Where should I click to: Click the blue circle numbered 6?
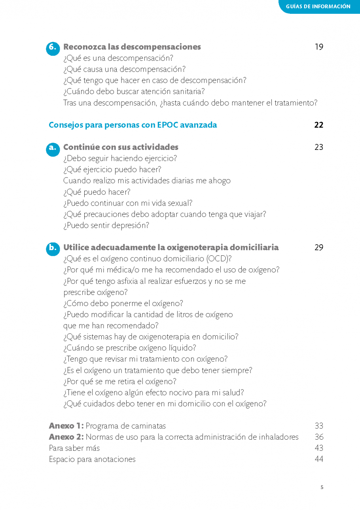pyautogui.click(x=53, y=48)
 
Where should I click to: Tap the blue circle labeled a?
pyautogui.click(x=53, y=148)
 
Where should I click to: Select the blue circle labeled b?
pyautogui.click(x=53, y=248)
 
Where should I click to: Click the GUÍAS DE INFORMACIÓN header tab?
pyautogui.click(x=318, y=6)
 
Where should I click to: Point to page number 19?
pyautogui.click(x=319, y=47)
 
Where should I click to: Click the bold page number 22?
pyautogui.click(x=319, y=125)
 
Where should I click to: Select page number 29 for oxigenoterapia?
pyautogui.click(x=319, y=247)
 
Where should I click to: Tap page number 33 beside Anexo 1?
pyautogui.click(x=319, y=426)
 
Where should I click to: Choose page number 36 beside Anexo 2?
pyautogui.click(x=319, y=437)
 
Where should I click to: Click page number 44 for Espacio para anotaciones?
pyautogui.click(x=319, y=459)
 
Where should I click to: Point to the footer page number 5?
pyautogui.click(x=322, y=487)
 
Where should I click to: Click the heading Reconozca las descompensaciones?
pyautogui.click(x=132, y=47)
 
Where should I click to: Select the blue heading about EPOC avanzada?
pyautogui.click(x=133, y=125)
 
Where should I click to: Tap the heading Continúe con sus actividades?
pyautogui.click(x=121, y=147)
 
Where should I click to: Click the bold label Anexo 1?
pyautogui.click(x=66, y=426)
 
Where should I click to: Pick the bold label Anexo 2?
pyautogui.click(x=66, y=437)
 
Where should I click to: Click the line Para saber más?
pyautogui.click(x=74, y=448)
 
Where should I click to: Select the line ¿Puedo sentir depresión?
pyautogui.click(x=106, y=225)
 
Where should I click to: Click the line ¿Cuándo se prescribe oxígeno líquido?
pyautogui.click(x=130, y=348)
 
